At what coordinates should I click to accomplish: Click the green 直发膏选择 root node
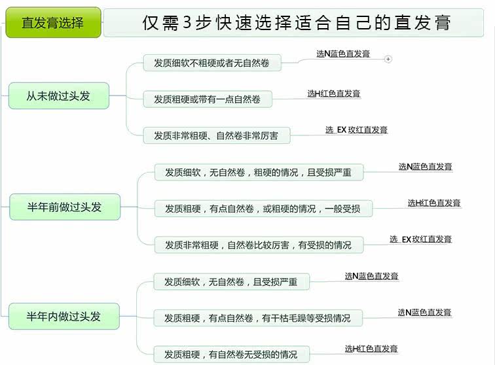tap(53, 23)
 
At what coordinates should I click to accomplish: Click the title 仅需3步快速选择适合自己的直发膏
tap(297, 23)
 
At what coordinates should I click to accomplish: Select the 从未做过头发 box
tap(58, 96)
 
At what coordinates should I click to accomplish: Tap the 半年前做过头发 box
tap(64, 207)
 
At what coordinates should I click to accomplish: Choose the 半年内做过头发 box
tap(64, 317)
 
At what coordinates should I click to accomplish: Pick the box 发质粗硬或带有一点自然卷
tap(208, 99)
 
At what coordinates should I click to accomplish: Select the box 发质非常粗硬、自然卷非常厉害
tap(216, 135)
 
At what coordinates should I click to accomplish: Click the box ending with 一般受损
tap(263, 209)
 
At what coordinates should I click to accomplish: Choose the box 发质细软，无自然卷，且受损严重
tap(231, 282)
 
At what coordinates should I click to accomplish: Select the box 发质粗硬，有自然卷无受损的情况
tap(231, 355)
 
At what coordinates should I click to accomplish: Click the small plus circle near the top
tap(388, 59)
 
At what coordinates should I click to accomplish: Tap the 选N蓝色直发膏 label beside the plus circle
tap(343, 54)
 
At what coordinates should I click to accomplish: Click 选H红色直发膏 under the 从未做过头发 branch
tap(334, 94)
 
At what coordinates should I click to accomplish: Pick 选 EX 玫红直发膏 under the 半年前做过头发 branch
tap(420, 239)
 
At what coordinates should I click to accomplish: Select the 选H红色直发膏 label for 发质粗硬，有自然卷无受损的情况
tap(371, 349)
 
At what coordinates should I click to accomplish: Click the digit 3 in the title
tap(188, 23)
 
